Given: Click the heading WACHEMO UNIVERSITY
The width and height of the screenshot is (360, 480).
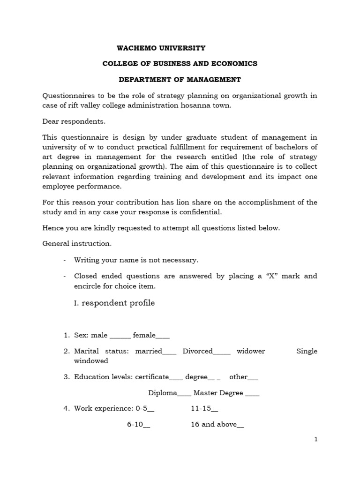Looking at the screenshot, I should click(x=161, y=48).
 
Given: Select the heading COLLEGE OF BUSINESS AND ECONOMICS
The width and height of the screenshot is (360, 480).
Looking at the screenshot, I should click(x=180, y=63).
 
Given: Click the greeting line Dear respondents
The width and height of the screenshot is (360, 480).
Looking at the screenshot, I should click(x=74, y=121).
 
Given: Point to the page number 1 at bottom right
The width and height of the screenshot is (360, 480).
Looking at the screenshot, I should click(x=316, y=439).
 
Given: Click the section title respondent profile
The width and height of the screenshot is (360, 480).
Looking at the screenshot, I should click(x=118, y=303).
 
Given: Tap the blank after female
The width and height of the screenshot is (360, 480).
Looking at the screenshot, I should click(x=163, y=336).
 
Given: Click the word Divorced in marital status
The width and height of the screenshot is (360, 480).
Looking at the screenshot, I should click(x=198, y=351).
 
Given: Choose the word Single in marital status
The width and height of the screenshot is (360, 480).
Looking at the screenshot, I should click(x=307, y=351).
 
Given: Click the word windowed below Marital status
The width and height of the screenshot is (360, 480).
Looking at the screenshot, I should click(x=91, y=360).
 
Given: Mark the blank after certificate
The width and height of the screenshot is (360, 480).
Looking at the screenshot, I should click(x=176, y=377).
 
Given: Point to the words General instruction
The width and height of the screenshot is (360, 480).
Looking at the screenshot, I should click(x=77, y=244).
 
